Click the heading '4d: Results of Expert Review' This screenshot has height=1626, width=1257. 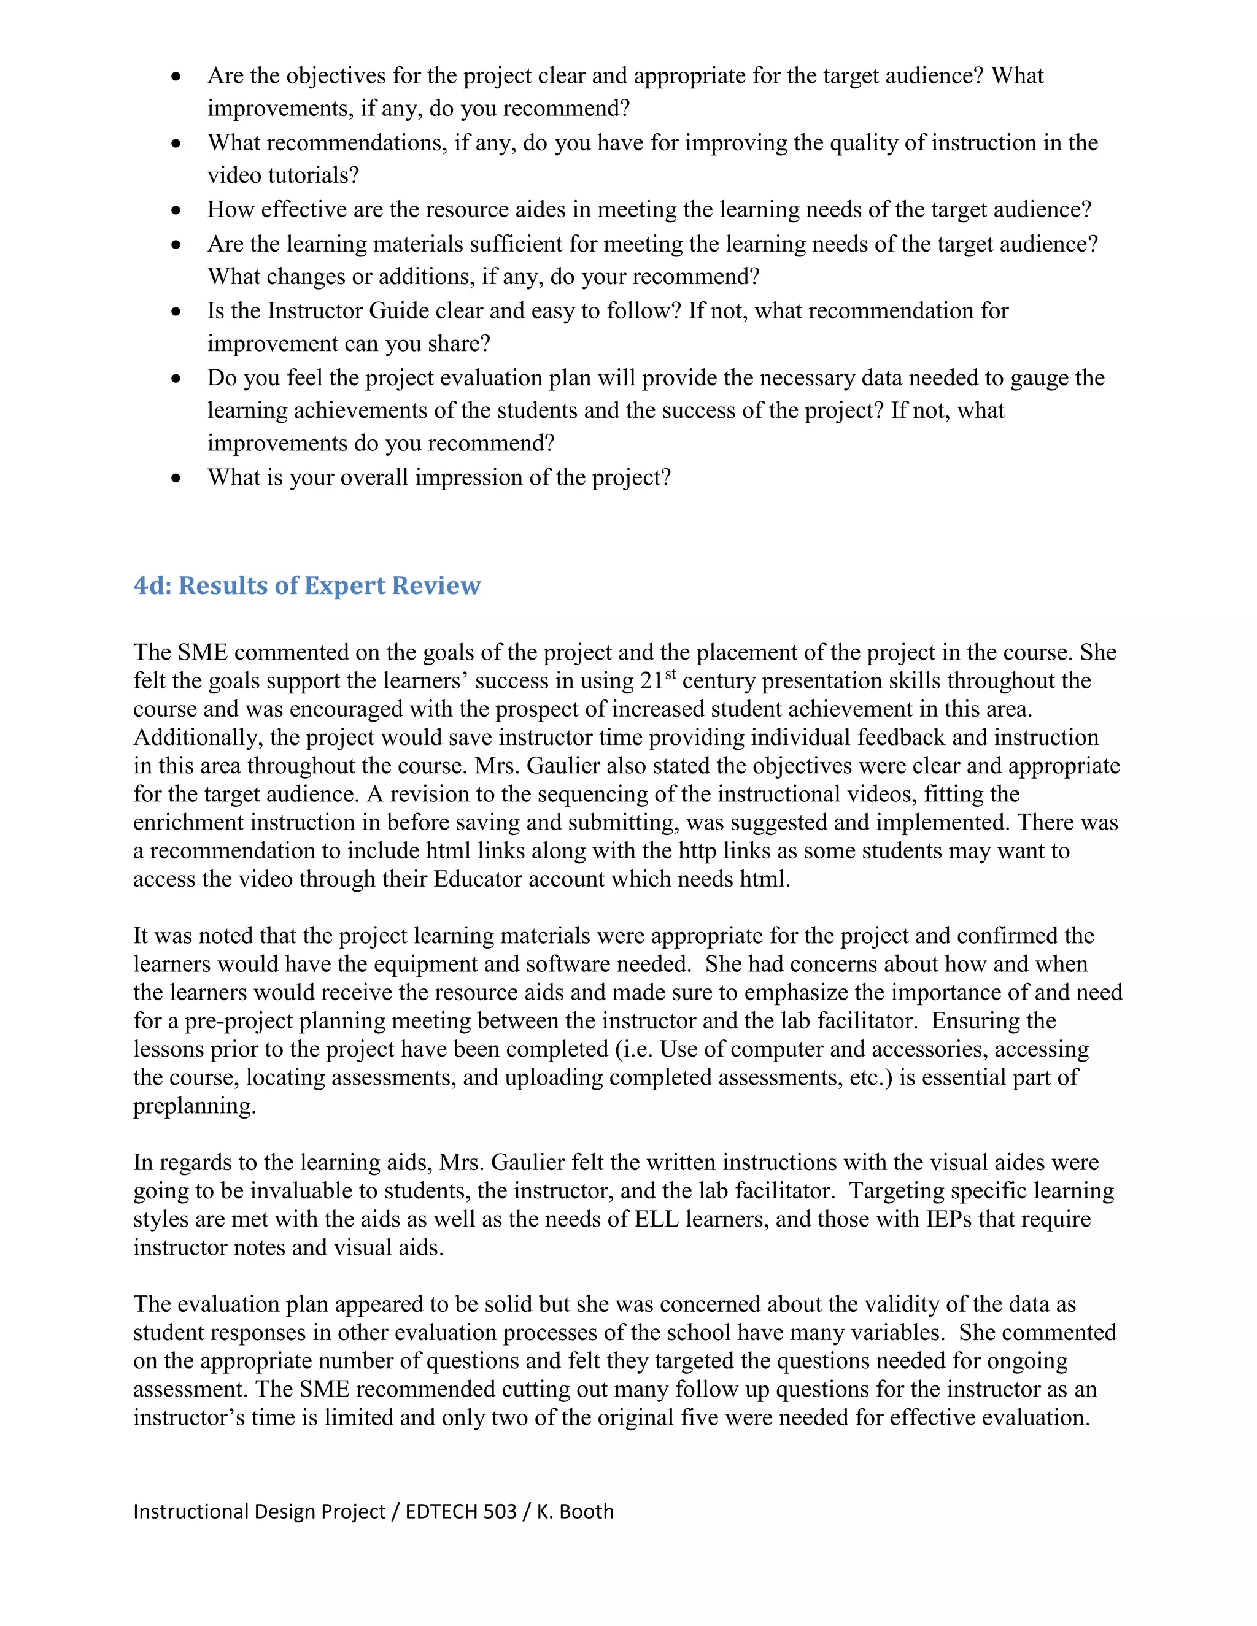(x=307, y=586)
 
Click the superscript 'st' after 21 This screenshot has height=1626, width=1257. (x=670, y=674)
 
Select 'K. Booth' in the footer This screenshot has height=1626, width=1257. (x=575, y=1511)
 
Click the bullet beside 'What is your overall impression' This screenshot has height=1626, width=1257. (x=176, y=478)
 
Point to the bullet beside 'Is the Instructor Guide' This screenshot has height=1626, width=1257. (x=176, y=311)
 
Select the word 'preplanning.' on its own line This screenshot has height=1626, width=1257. (x=195, y=1106)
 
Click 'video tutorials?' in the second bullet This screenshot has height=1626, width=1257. (x=283, y=175)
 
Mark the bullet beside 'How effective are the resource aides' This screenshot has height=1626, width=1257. (x=176, y=210)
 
